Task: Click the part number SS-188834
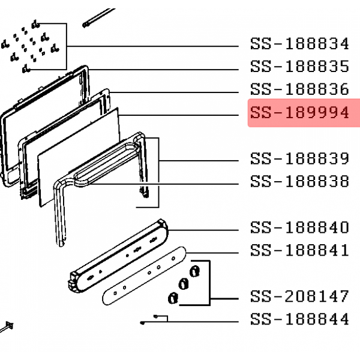click(300, 44)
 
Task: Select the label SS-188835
click(300, 67)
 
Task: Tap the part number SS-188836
click(300, 89)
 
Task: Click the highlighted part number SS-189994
click(300, 113)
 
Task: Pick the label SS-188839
click(300, 158)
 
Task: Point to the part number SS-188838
click(300, 181)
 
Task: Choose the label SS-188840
click(300, 227)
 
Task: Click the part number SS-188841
click(300, 250)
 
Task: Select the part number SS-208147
click(300, 296)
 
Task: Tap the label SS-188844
click(300, 319)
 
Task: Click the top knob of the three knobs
click(194, 271)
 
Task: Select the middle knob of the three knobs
click(184, 284)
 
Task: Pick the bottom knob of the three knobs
click(173, 298)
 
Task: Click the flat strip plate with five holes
click(144, 276)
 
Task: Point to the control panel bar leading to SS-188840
click(119, 256)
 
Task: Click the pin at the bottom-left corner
click(7, 327)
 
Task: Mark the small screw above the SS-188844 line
click(155, 317)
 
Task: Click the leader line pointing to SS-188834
click(152, 46)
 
